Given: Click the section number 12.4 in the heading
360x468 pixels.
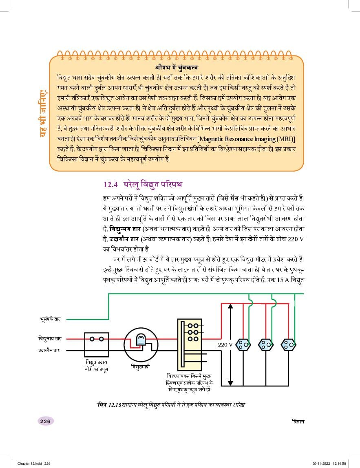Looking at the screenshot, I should pyautogui.click(x=110, y=184).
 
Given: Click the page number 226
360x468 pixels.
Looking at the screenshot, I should pyautogui.click(x=45, y=422).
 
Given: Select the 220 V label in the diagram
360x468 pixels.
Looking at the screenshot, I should pyautogui.click(x=225, y=344).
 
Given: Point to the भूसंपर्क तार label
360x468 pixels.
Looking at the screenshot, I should pyautogui.click(x=50, y=319).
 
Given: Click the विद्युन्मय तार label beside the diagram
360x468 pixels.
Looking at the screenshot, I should pyautogui.click(x=48, y=338).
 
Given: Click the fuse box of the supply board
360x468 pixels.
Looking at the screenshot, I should pyautogui.click(x=97, y=344).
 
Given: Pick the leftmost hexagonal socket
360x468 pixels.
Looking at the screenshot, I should pyautogui.click(x=243, y=344).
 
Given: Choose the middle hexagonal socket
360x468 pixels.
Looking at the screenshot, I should pyautogui.click(x=266, y=344).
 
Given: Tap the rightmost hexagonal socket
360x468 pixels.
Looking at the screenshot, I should pyautogui.click(x=289, y=344).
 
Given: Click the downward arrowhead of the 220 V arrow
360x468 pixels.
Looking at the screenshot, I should pyautogui.click(x=230, y=383).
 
